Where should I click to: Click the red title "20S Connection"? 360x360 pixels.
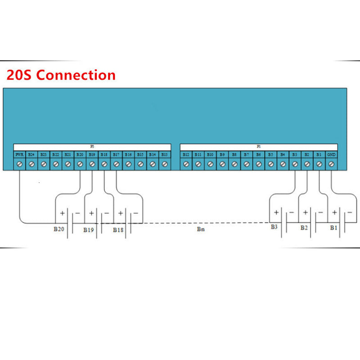[x=61, y=75]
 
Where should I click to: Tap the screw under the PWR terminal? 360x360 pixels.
[x=19, y=164]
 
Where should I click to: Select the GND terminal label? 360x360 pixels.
[x=331, y=154]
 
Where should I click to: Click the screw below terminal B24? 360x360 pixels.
[x=31, y=164]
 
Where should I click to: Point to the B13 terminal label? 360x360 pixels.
[x=164, y=154]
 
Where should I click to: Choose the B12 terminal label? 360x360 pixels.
[x=186, y=154]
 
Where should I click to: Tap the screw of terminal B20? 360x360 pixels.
[x=80, y=164]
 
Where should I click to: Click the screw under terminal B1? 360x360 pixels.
[x=319, y=164]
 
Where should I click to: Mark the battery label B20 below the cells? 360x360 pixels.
[x=58, y=229]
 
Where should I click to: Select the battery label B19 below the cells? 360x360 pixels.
[x=88, y=229]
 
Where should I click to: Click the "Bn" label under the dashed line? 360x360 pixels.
[x=201, y=229]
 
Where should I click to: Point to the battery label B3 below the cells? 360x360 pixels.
[x=274, y=227]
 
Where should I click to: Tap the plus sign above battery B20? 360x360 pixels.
[x=61, y=212]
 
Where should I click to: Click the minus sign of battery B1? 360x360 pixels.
[x=348, y=212]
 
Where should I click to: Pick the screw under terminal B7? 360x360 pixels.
[x=247, y=164]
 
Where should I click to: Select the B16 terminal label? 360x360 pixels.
[x=128, y=154]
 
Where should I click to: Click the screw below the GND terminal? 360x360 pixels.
[x=332, y=164]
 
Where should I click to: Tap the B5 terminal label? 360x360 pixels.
[x=270, y=154]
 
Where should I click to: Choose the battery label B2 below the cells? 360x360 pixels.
[x=304, y=228]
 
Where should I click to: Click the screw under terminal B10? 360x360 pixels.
[x=210, y=164]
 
